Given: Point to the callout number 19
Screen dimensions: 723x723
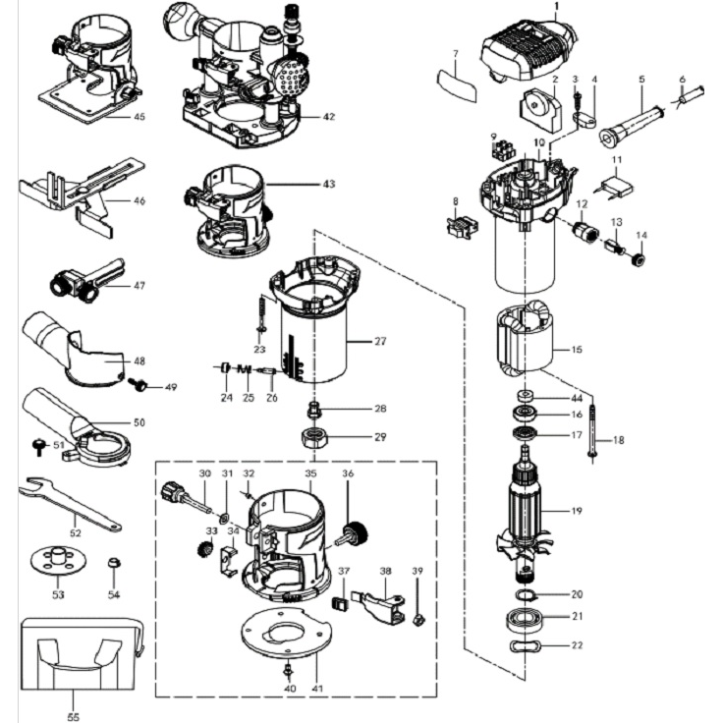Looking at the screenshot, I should pyautogui.click(x=578, y=510).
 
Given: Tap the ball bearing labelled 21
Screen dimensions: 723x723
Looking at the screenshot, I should pyautogui.click(x=528, y=620).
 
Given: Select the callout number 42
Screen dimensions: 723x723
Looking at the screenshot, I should pyautogui.click(x=328, y=116).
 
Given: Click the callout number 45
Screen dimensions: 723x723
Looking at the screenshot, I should pyautogui.click(x=139, y=116).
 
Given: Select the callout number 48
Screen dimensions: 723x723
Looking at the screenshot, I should pyautogui.click(x=138, y=361).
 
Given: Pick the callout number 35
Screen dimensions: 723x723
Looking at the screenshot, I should pyautogui.click(x=310, y=473).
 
